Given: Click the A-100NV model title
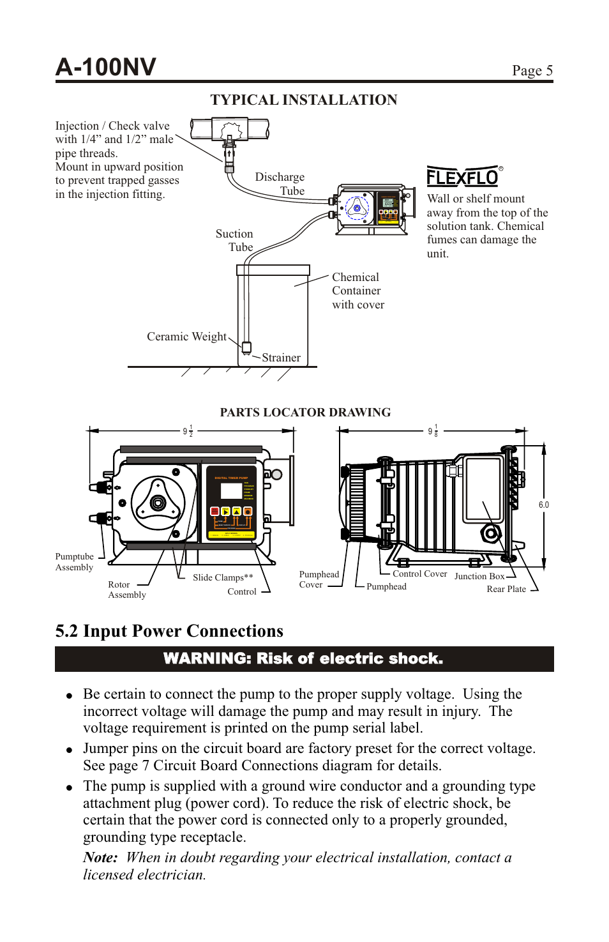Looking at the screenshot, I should pyautogui.click(x=106, y=67).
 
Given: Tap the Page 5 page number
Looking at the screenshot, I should pyautogui.click(x=532, y=70).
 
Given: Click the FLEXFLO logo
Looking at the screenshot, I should pyautogui.click(x=463, y=176).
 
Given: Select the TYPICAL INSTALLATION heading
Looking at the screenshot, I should pyautogui.click(x=304, y=100).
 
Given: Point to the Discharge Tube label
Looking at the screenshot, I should pyautogui.click(x=280, y=184).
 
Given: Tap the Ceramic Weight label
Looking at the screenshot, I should pyautogui.click(x=186, y=337).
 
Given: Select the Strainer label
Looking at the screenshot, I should pyautogui.click(x=281, y=358).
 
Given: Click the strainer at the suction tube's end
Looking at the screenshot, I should pyautogui.click(x=246, y=347).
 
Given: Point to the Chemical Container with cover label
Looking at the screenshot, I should pyautogui.click(x=357, y=291).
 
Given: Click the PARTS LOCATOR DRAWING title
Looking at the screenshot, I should pyautogui.click(x=305, y=412).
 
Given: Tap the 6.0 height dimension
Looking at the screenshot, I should pyautogui.click(x=543, y=505).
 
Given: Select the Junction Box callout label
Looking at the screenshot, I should pyautogui.click(x=479, y=576).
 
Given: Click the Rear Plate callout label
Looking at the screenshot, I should pyautogui.click(x=506, y=589).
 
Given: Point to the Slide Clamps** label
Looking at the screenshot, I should pyautogui.click(x=223, y=577).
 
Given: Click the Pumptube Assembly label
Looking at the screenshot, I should pyautogui.click(x=74, y=562).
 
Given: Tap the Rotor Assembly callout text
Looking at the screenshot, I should pyautogui.click(x=126, y=589).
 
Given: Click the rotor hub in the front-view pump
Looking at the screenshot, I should pyautogui.click(x=158, y=503).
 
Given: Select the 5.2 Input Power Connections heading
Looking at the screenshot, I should pyautogui.click(x=169, y=631).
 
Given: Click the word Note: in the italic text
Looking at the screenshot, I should pyautogui.click(x=100, y=858).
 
